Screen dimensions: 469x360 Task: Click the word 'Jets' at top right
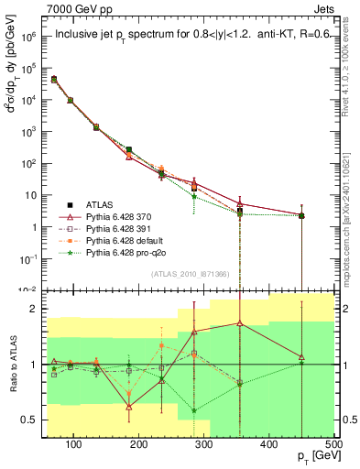pyautogui.click(x=326, y=8)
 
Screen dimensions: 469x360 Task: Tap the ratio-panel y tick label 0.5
pyautogui.click(x=34, y=420)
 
